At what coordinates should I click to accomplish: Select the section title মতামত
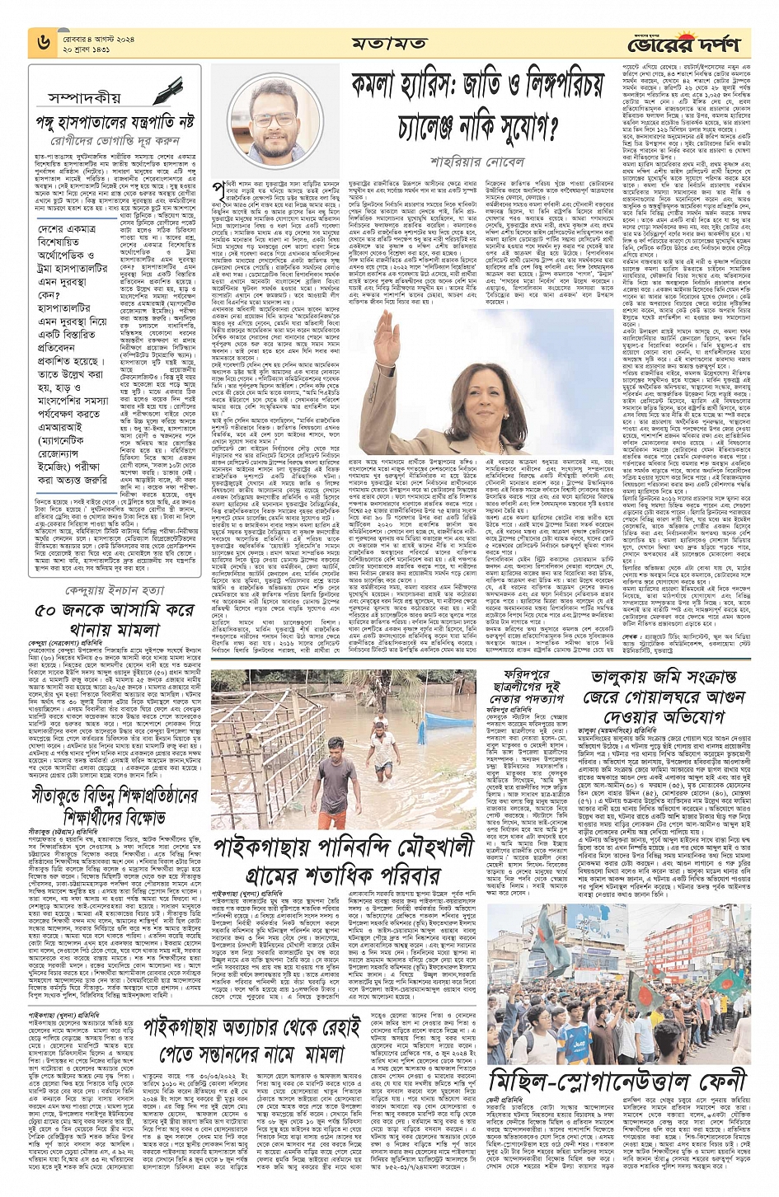(x=389, y=42)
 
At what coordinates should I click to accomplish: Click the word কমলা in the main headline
(x=385, y=87)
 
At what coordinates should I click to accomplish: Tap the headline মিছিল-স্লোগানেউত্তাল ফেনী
(x=617, y=1080)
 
